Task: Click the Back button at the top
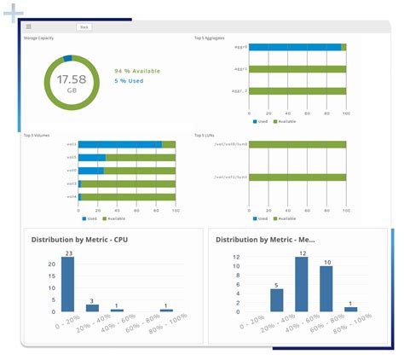[84, 27]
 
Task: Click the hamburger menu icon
[29, 27]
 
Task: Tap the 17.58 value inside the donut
[66, 78]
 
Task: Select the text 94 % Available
[136, 72]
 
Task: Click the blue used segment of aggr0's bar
[295, 48]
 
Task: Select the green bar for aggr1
[297, 69]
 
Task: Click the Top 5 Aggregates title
[211, 38]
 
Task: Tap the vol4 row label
[72, 197]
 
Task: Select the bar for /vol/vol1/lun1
[297, 177]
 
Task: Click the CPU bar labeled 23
[67, 284]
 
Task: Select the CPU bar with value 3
[92, 306]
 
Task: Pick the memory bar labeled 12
[301, 284]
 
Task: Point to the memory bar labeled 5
[276, 300]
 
